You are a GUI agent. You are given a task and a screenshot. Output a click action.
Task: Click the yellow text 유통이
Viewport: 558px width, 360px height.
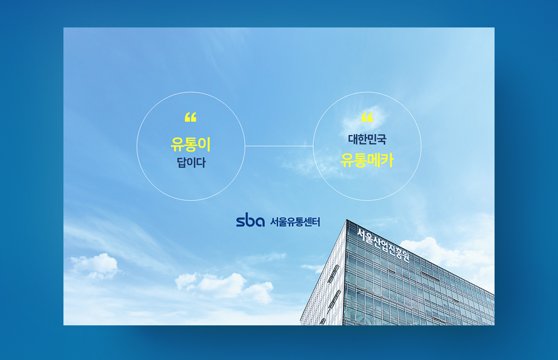coord(190,144)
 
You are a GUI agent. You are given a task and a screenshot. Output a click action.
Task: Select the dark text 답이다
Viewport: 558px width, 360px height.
coord(191,163)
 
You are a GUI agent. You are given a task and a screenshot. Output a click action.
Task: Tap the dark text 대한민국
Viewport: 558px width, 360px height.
coord(367,139)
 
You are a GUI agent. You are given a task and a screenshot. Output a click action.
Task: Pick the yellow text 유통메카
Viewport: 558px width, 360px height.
coord(367,160)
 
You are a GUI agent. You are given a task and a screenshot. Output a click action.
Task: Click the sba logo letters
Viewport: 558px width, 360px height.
coord(250,220)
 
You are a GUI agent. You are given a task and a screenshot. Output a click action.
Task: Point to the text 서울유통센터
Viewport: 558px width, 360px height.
coord(295,222)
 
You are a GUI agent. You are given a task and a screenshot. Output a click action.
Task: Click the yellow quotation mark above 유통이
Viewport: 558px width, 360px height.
coord(190,117)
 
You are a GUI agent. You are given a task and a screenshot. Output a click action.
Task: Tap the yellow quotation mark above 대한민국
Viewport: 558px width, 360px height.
coord(367,117)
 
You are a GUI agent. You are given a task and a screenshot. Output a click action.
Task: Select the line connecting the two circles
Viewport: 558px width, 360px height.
coord(279,146)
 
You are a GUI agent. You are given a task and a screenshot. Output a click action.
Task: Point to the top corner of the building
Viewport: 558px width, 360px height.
coord(346,220)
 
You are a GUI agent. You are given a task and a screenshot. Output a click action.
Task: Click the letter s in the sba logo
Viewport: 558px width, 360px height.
coord(241,221)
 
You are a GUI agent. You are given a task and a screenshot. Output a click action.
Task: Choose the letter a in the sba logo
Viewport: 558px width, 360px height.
coord(260,222)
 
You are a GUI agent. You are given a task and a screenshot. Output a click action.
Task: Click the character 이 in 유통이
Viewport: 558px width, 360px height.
coord(204,144)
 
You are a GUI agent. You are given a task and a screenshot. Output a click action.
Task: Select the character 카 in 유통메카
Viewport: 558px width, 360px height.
coord(387,160)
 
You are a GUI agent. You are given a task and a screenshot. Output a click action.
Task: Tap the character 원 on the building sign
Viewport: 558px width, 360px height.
coord(405,256)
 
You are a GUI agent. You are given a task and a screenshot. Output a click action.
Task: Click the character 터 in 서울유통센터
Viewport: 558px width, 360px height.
coord(316,222)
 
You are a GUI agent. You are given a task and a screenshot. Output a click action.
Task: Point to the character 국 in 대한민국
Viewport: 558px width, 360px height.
coord(382,139)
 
